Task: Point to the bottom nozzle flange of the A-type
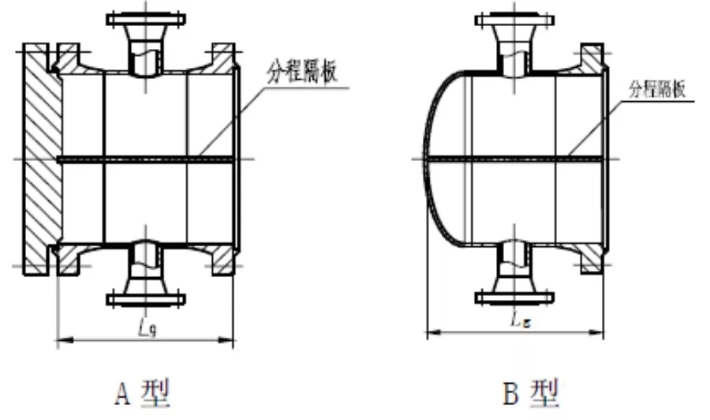[146, 299]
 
